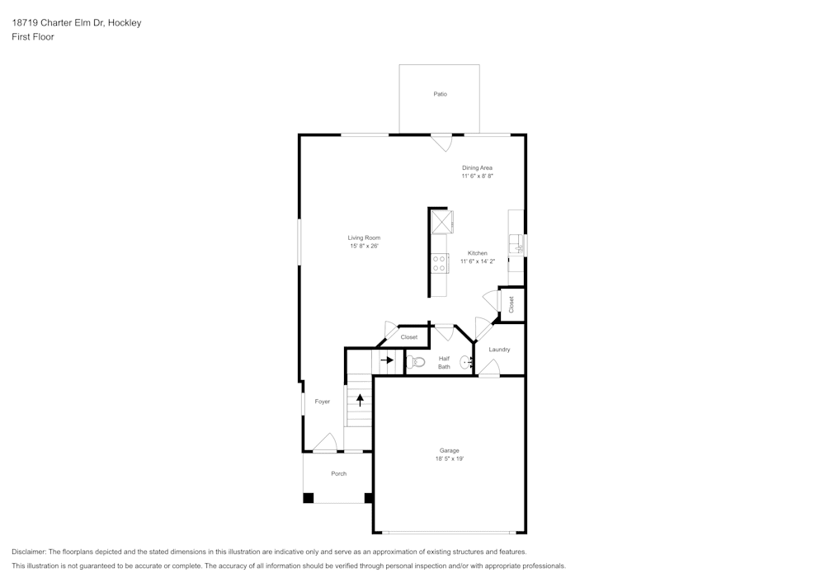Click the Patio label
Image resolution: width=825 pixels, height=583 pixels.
point(441,94)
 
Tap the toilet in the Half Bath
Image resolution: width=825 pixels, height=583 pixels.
point(417,361)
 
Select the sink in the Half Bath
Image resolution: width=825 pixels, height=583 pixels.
point(466,361)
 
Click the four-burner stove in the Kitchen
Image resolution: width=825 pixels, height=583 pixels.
point(440,263)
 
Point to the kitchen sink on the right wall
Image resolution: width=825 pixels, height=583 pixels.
point(519,245)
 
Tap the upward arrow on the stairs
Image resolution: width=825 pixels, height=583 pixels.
point(360,401)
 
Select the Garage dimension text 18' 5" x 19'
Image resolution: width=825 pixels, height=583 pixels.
point(449,458)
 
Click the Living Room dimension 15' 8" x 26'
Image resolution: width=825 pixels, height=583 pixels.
point(364,246)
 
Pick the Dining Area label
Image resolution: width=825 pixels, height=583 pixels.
point(477,167)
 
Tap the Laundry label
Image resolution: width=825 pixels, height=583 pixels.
point(499,350)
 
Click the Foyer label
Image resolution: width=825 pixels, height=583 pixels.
point(322,402)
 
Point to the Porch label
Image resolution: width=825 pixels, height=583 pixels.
point(338,473)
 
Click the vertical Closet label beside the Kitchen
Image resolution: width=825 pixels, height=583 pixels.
point(511,304)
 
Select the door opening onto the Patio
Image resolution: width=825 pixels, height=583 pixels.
point(442,142)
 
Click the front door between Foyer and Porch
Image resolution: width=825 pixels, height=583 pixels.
point(324,444)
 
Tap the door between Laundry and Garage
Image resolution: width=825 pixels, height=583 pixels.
point(489,370)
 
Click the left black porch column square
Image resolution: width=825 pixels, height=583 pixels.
point(309,497)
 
